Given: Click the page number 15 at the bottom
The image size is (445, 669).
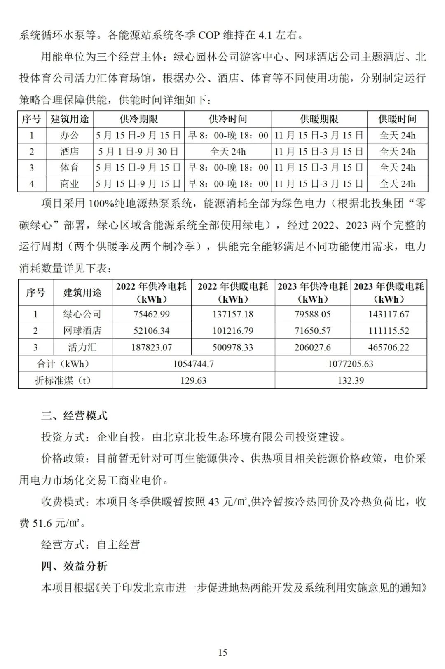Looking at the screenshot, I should (222, 652).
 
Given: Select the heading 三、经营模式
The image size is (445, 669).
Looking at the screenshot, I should (74, 415).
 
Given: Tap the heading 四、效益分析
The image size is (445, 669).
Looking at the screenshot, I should (74, 566).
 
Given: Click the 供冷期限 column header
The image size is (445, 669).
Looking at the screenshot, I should (138, 120).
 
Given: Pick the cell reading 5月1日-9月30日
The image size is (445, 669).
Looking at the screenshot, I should (138, 152).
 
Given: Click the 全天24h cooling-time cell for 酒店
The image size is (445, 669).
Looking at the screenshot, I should (228, 152).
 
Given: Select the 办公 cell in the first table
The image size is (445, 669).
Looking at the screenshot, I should (69, 136).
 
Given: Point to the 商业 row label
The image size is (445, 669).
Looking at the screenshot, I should (69, 184).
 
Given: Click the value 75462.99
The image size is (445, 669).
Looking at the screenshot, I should (152, 314).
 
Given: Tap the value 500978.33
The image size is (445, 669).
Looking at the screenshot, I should (233, 347).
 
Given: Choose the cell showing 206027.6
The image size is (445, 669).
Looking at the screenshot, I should (312, 347).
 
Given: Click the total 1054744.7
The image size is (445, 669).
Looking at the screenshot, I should (193, 364).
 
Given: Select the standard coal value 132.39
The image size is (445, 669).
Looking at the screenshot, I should (351, 380).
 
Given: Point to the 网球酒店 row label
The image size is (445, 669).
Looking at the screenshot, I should (82, 331).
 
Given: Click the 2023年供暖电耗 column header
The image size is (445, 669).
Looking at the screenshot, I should (389, 292).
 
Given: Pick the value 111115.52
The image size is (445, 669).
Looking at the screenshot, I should (389, 331).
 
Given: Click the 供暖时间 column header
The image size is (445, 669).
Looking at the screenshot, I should (397, 120).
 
